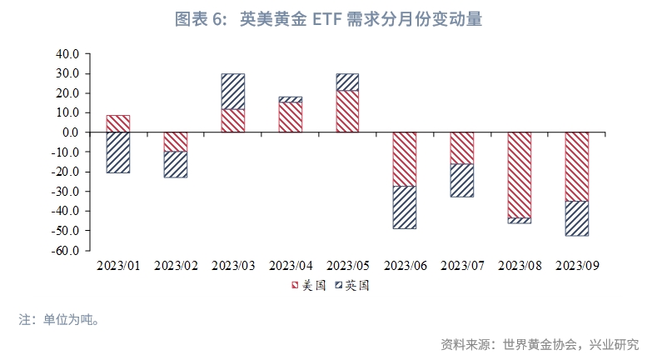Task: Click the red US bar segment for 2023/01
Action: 118,123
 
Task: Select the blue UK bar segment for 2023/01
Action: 118,152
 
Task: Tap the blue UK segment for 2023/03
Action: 233,92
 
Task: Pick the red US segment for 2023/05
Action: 347,111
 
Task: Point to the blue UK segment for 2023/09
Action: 577,218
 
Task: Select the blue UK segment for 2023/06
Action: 405,207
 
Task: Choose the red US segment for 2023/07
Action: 462,147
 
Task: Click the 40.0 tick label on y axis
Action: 68,53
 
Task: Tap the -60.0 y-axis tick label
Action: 66,250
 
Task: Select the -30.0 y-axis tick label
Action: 66,191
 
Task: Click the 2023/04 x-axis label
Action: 291,266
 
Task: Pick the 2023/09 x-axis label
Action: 577,266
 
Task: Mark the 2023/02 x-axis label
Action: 176,266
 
